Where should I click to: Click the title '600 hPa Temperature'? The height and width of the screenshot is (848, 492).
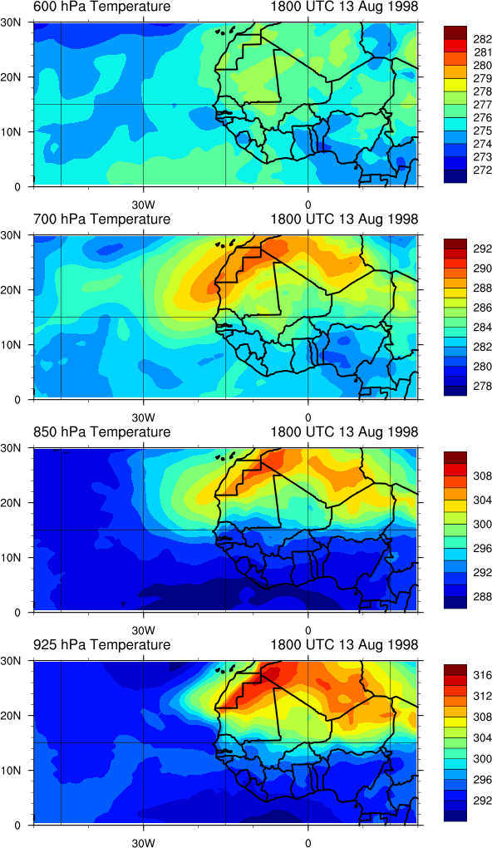point(101,7)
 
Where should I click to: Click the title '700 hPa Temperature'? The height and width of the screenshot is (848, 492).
point(101,219)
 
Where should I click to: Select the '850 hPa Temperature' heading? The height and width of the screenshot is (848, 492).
point(101,432)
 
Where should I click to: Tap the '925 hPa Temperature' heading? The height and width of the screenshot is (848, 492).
point(101,644)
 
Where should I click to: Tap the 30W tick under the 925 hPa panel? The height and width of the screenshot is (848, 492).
point(143,842)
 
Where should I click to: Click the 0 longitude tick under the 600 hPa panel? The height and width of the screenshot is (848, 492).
point(307,205)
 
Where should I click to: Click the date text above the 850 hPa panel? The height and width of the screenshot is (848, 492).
point(344,432)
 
